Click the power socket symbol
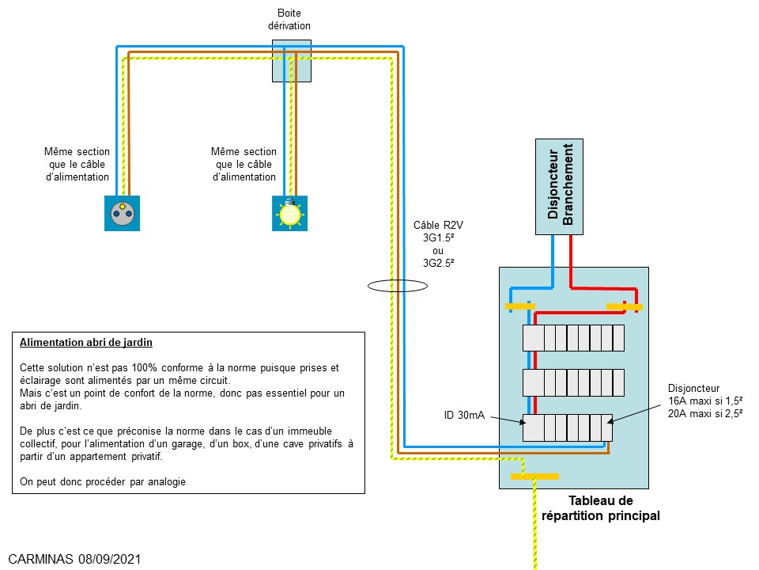[x=122, y=213]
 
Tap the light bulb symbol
[x=290, y=213]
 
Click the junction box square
[x=292, y=61]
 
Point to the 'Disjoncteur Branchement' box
[x=559, y=187]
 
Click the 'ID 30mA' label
[x=464, y=415]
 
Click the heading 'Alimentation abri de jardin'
[x=86, y=344]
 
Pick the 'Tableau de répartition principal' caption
[x=601, y=508]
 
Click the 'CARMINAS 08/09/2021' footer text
[x=75, y=559]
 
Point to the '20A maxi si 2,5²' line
[x=705, y=414]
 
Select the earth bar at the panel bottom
[x=534, y=476]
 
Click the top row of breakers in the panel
[x=574, y=338]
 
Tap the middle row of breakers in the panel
[x=574, y=383]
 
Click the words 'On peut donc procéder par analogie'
[x=103, y=481]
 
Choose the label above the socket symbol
[x=77, y=164]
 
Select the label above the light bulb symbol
[x=244, y=164]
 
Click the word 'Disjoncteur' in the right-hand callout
[x=694, y=389]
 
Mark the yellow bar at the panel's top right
[x=624, y=306]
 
